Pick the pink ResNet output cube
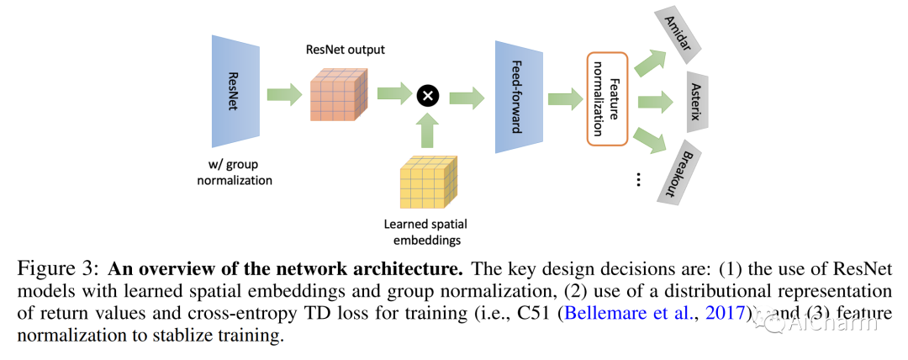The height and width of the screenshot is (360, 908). (340, 97)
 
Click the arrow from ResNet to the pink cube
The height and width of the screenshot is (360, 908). (284, 94)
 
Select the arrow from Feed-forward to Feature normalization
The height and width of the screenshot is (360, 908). (562, 98)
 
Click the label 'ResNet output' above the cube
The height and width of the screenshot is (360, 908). (345, 50)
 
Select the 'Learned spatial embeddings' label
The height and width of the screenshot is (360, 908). (425, 231)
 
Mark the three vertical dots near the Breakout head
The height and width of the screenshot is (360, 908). (638, 179)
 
